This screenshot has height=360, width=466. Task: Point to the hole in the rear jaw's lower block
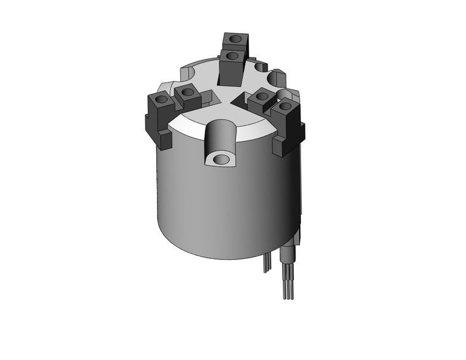[231, 56]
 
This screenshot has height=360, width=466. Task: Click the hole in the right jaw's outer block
[284, 107]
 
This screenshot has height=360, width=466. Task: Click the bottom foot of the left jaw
[164, 139]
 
